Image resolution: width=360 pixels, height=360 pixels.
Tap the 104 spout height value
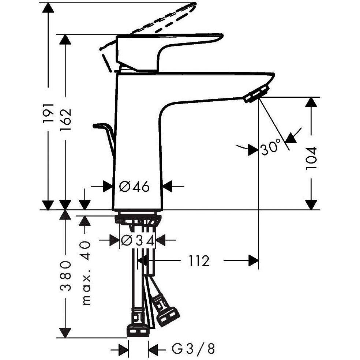click(311, 158)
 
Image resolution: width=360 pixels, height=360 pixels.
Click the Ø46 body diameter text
click(135, 187)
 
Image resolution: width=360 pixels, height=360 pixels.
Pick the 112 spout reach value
click(199, 261)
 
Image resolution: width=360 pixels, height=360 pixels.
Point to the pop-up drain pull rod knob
click(98, 125)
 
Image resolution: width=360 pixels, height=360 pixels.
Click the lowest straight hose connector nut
click(138, 331)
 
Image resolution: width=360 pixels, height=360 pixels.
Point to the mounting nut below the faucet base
click(138, 220)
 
